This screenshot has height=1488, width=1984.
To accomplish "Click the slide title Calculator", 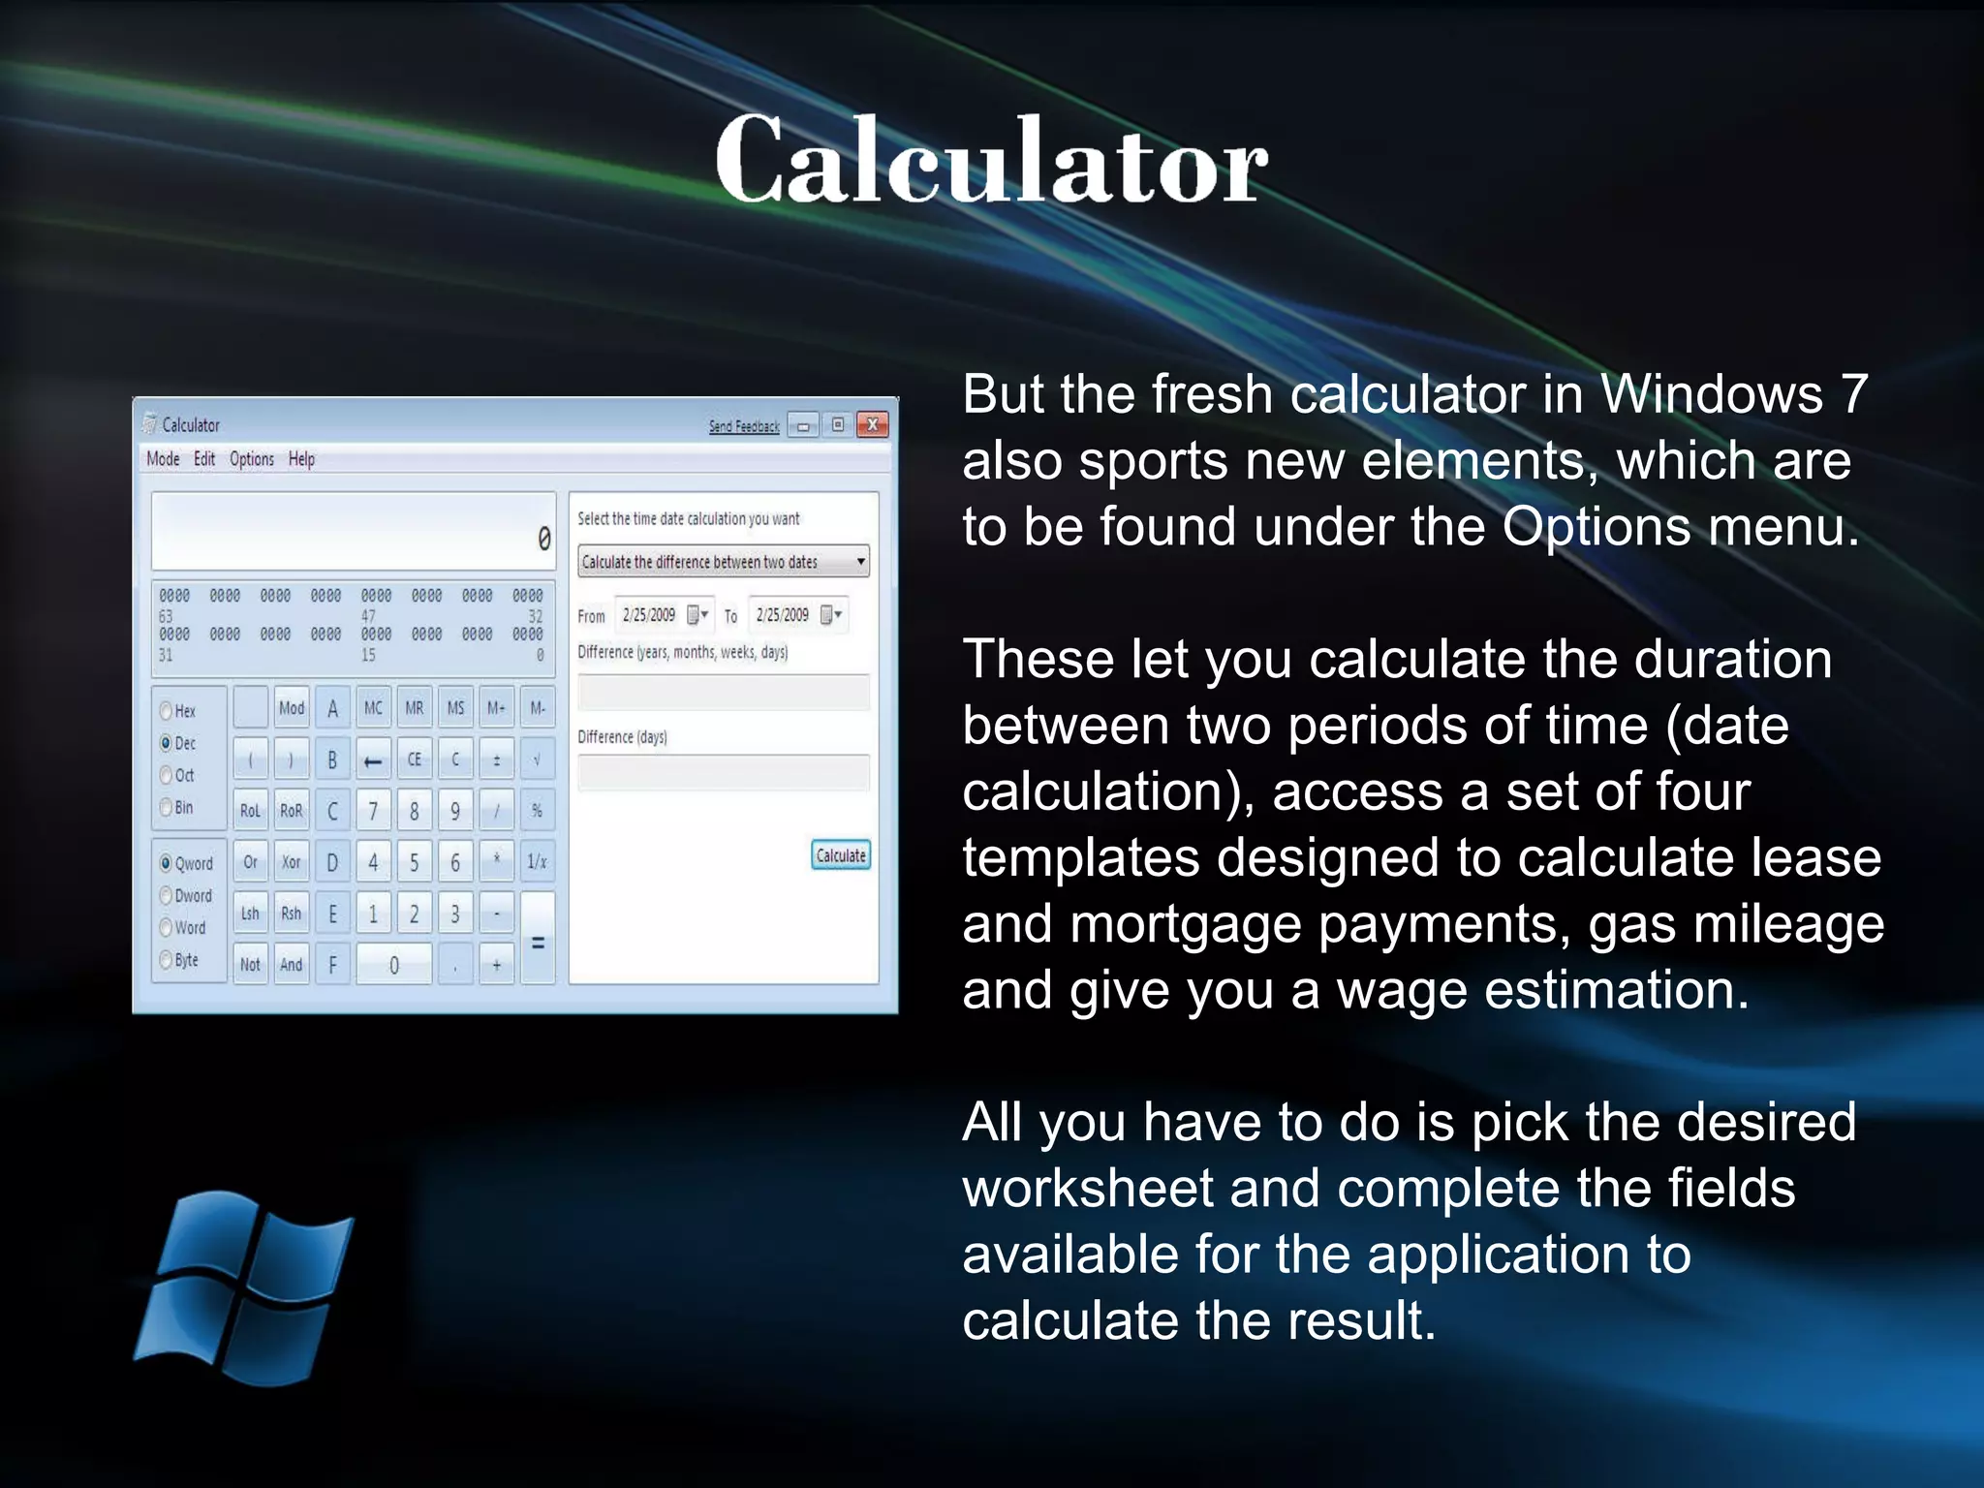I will (991, 160).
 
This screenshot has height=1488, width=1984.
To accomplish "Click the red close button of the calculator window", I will (872, 424).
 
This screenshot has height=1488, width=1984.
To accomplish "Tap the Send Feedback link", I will (743, 426).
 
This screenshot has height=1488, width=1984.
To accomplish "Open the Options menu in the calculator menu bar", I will (251, 459).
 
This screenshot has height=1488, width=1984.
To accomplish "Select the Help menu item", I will (301, 459).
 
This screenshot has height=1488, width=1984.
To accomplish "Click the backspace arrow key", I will (373, 760).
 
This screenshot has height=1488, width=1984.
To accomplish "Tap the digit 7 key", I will (373, 811).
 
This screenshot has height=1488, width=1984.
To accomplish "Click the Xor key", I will (291, 861).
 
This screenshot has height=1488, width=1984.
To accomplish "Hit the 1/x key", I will (537, 861).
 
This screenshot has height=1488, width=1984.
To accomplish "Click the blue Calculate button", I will (840, 855).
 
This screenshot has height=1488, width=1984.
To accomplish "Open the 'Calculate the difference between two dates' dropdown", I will (723, 562).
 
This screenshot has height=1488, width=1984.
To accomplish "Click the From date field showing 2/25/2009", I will (649, 615).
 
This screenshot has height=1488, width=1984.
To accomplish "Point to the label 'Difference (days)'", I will (622, 737).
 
